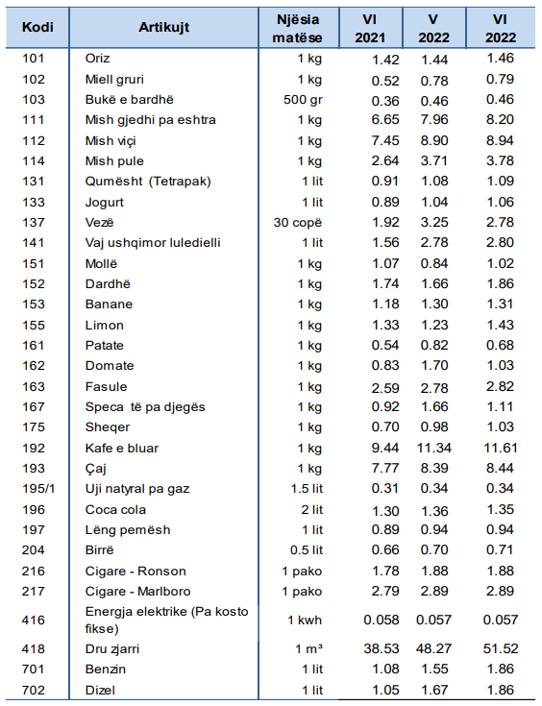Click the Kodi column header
[x=37, y=27]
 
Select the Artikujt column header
[x=164, y=27]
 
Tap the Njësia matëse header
[x=298, y=29]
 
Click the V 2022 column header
[x=433, y=29]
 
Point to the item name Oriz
[x=97, y=58]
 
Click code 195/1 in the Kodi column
[x=38, y=489]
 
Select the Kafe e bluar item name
[x=122, y=448]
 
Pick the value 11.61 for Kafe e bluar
[x=500, y=448]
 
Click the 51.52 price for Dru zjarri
[x=501, y=648]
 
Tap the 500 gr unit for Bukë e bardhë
[x=303, y=100]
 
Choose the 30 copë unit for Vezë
[x=298, y=223]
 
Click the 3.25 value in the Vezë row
[x=434, y=223]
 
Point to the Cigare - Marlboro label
[x=137, y=591]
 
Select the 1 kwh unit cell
[x=305, y=620]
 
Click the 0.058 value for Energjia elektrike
[x=382, y=620]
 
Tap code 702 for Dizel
[x=34, y=690]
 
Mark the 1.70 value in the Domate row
[x=434, y=365]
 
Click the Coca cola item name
[x=115, y=510]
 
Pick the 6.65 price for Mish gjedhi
[x=385, y=120]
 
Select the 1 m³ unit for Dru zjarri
[x=309, y=648]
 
